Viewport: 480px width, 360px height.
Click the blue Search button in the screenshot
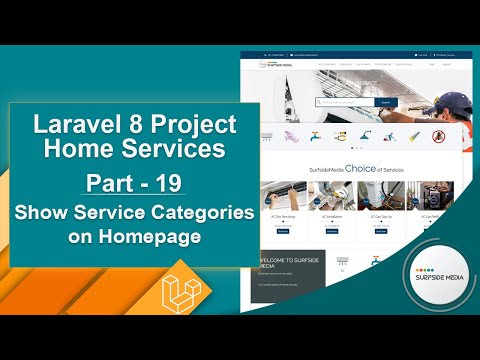click(385, 102)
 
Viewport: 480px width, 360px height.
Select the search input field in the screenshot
click(344, 102)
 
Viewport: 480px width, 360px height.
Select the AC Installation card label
click(331, 217)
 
